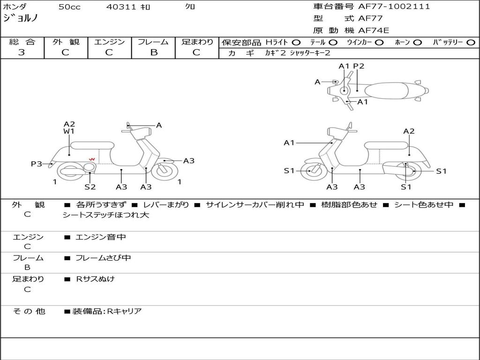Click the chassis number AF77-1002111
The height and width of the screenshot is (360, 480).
(394, 6)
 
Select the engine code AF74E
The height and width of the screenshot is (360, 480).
(374, 30)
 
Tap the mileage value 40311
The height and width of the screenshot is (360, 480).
(121, 7)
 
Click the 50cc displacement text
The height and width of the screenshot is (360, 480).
(69, 7)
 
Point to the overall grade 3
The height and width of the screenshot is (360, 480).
(22, 52)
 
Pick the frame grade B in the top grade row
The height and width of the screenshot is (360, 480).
(154, 52)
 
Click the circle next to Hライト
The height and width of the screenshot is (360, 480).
(296, 43)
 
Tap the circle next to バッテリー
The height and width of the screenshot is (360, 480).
(471, 43)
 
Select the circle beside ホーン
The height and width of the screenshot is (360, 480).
(417, 43)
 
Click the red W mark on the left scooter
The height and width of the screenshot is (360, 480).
(92, 159)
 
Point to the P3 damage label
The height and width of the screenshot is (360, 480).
(37, 164)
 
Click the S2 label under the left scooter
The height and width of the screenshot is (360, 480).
(90, 187)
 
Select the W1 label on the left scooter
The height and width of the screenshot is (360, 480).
(69, 131)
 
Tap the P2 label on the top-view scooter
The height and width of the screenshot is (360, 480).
(359, 66)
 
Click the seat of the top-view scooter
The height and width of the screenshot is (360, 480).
(386, 90)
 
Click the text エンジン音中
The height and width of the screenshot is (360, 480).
(100, 237)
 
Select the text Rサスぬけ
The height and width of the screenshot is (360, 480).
(95, 279)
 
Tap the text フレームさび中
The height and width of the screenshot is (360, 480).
(103, 258)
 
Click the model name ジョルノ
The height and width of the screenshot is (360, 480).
(20, 18)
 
